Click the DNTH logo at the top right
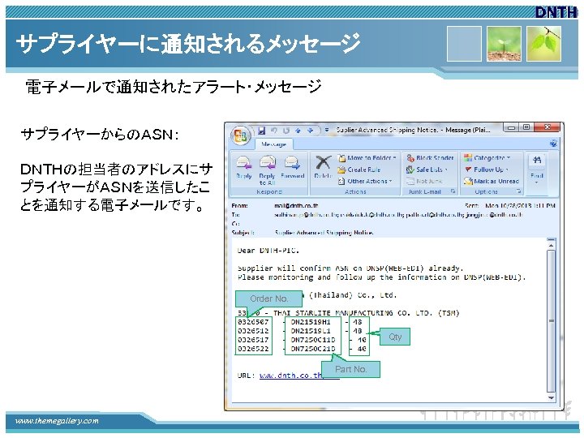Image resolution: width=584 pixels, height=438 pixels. (558, 11)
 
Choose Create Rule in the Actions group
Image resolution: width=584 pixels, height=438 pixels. (363, 170)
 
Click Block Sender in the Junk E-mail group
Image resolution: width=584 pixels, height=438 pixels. (433, 158)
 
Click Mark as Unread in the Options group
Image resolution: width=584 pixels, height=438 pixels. (496, 181)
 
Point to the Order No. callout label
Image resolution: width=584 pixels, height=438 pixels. (268, 298)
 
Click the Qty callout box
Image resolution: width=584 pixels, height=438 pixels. (395, 337)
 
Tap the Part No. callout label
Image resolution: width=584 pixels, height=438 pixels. (350, 369)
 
